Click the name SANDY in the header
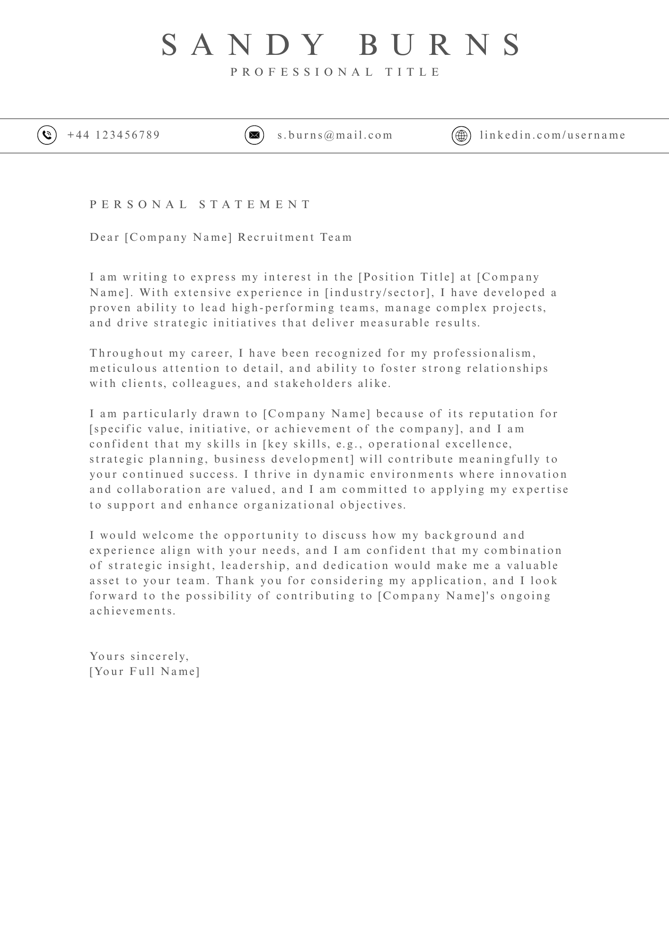243,45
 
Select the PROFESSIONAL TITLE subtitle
336,72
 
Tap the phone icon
47,135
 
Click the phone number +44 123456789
114,135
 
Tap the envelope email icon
254,135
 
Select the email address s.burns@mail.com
335,135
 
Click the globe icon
461,135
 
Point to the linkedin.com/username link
553,135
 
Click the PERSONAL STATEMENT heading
201,204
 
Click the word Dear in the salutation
105,237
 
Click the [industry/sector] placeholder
379,292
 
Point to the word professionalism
484,353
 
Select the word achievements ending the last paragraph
132,611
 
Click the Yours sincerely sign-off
139,656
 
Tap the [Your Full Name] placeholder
145,671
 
